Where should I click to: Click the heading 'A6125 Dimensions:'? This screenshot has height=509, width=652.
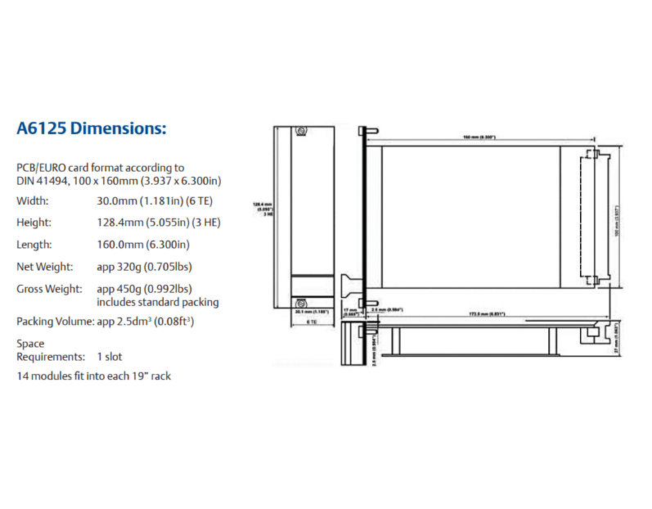click(92, 128)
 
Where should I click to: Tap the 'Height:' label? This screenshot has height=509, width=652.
click(34, 223)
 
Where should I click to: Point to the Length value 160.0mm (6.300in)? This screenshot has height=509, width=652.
click(143, 245)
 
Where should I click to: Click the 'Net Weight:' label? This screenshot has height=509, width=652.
click(45, 267)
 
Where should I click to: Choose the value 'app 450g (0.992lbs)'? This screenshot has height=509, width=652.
click(144, 289)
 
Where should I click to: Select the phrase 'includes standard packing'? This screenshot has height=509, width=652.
click(158, 302)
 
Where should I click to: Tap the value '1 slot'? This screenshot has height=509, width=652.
click(112, 357)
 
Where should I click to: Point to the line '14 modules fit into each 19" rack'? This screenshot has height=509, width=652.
click(94, 376)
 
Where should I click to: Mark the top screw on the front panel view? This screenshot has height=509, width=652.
click(302, 132)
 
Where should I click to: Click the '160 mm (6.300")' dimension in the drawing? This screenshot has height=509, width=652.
click(479, 137)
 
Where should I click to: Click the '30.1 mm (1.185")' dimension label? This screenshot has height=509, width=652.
click(313, 312)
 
